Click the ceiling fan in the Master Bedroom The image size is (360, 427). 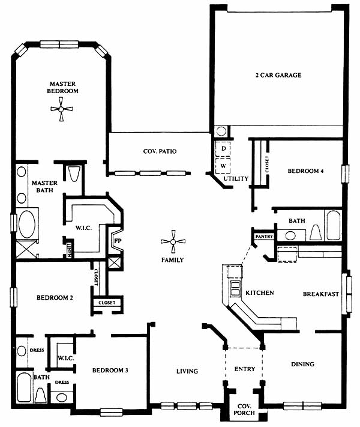pyautogui.click(x=61, y=109)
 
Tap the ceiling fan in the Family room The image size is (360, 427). pyautogui.click(x=173, y=241)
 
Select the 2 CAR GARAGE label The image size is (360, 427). pyautogui.click(x=278, y=75)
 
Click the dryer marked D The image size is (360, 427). pyautogui.click(x=223, y=149)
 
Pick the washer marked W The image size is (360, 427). pyautogui.click(x=223, y=166)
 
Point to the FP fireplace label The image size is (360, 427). pyautogui.click(x=118, y=241)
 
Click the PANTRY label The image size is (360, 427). pyautogui.click(x=264, y=237)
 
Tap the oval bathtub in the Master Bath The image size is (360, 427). pyautogui.click(x=26, y=224)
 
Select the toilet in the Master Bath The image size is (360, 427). pyautogui.click(x=73, y=174)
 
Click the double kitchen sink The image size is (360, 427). pyautogui.click(x=235, y=289)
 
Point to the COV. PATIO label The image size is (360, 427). pyautogui.click(x=160, y=151)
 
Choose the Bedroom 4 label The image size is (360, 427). pyautogui.click(x=305, y=171)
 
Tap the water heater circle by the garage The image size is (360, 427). pyautogui.click(x=221, y=132)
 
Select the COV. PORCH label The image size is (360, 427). pyautogui.click(x=244, y=410)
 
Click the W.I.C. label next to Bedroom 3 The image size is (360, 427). pyautogui.click(x=65, y=358)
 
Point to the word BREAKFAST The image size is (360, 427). pyautogui.click(x=321, y=294)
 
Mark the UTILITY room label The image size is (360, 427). pyautogui.click(x=236, y=178)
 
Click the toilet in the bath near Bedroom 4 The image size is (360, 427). pyautogui.click(x=316, y=234)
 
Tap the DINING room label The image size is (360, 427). pyautogui.click(x=302, y=364)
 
